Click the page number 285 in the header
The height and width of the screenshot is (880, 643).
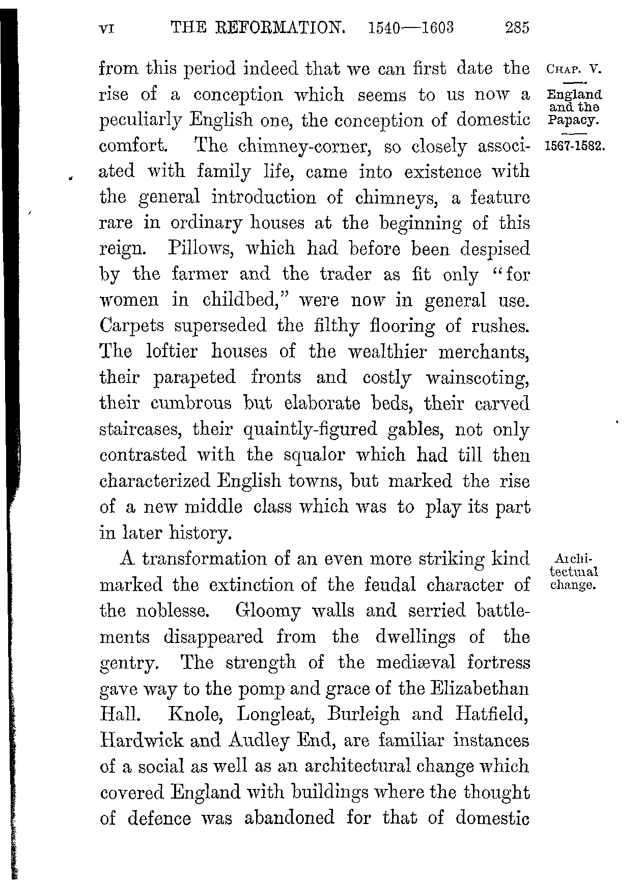coord(518,27)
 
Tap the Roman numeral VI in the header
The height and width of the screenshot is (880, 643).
coord(107,28)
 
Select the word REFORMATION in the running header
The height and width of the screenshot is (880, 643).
coord(278,27)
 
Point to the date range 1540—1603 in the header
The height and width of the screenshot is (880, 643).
coord(410,27)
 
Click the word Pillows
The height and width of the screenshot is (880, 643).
coord(202,249)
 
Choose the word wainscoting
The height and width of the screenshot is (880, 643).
coord(478,378)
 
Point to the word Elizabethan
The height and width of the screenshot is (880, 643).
coord(480,689)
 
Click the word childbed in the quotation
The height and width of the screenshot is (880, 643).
coord(240,300)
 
